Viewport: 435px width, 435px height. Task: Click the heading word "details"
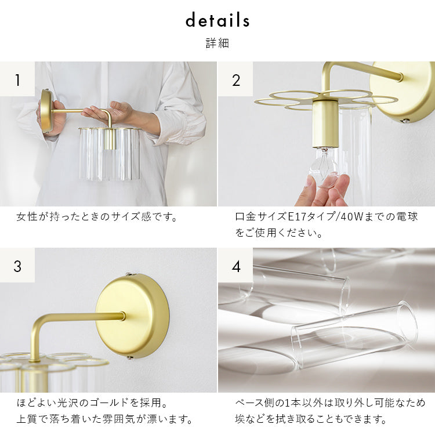217,20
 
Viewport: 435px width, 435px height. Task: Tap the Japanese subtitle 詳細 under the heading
217,43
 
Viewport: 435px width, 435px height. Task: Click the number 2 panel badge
235,79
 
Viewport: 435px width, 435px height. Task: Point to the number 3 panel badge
17,266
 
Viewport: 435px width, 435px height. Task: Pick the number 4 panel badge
235,266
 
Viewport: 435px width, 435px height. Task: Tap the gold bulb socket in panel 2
325,124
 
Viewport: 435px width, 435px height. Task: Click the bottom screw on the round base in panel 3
129,358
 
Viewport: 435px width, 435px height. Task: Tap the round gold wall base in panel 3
132,316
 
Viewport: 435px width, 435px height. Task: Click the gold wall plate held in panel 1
46,111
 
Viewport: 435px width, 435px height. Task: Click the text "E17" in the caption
296,217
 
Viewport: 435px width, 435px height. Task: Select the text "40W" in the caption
351,217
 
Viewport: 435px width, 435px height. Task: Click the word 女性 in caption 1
27,217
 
